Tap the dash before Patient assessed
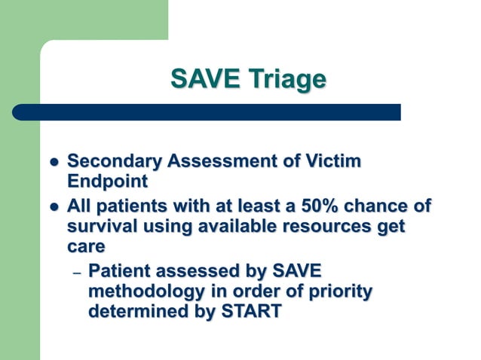pyautogui.click(x=75, y=272)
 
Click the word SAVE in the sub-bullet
pyautogui.click(x=302, y=270)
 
